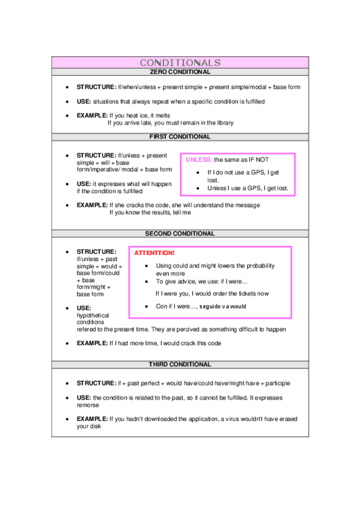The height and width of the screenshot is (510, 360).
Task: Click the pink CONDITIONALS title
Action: [x=180, y=63]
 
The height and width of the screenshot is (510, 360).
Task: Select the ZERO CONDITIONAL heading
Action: [x=180, y=72]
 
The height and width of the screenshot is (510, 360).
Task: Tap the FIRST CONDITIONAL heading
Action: [x=180, y=137]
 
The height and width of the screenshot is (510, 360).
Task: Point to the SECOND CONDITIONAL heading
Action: [x=180, y=233]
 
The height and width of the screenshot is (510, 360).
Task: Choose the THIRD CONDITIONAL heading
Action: [x=180, y=364]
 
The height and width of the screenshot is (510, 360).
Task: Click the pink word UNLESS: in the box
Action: [x=198, y=159]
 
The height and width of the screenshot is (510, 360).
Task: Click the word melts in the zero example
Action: [x=156, y=115]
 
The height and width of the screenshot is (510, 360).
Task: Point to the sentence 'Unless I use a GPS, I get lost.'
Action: [x=248, y=188]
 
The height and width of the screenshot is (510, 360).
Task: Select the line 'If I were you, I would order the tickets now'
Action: [x=212, y=293]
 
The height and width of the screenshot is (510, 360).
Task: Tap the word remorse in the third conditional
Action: [x=88, y=405]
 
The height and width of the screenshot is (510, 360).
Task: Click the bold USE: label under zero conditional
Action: [x=84, y=102]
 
